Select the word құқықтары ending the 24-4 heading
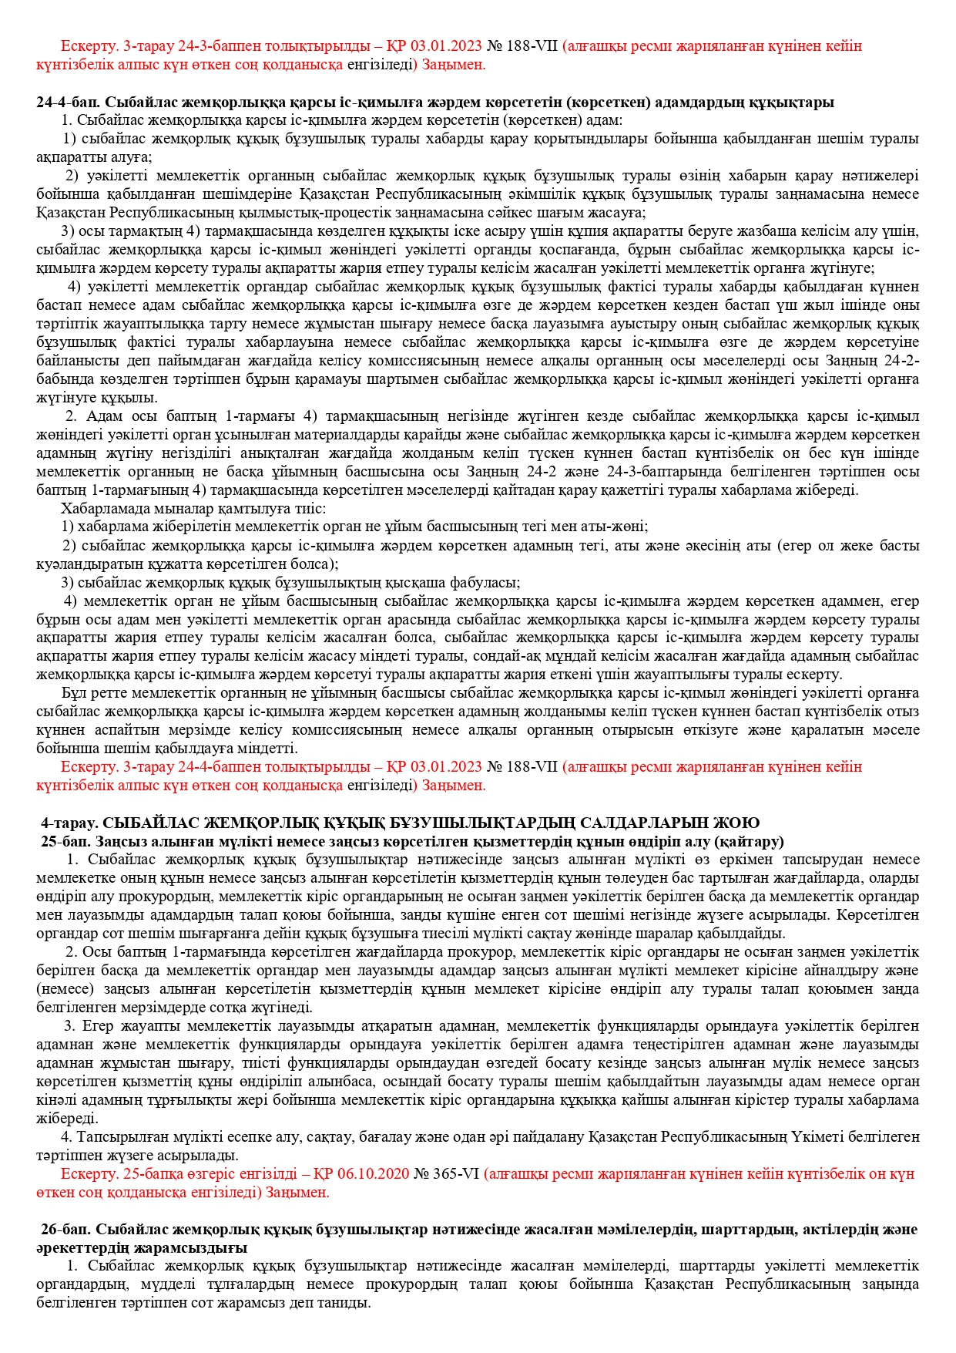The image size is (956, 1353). coord(797,103)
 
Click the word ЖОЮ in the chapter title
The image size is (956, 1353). coord(741,823)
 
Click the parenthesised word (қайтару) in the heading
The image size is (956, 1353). coord(750,841)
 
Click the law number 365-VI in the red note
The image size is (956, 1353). coord(455,1174)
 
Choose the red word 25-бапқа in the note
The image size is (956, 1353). coord(147,1174)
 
